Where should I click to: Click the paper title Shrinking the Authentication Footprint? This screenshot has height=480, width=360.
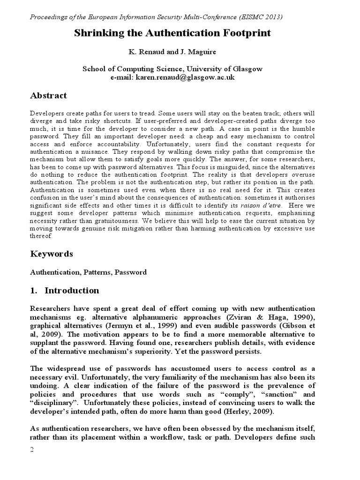click(173, 34)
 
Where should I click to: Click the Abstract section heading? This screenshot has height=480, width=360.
click(49, 96)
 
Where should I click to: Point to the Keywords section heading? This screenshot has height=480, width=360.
click(52, 254)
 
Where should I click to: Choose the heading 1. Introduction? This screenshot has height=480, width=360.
click(65, 291)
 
